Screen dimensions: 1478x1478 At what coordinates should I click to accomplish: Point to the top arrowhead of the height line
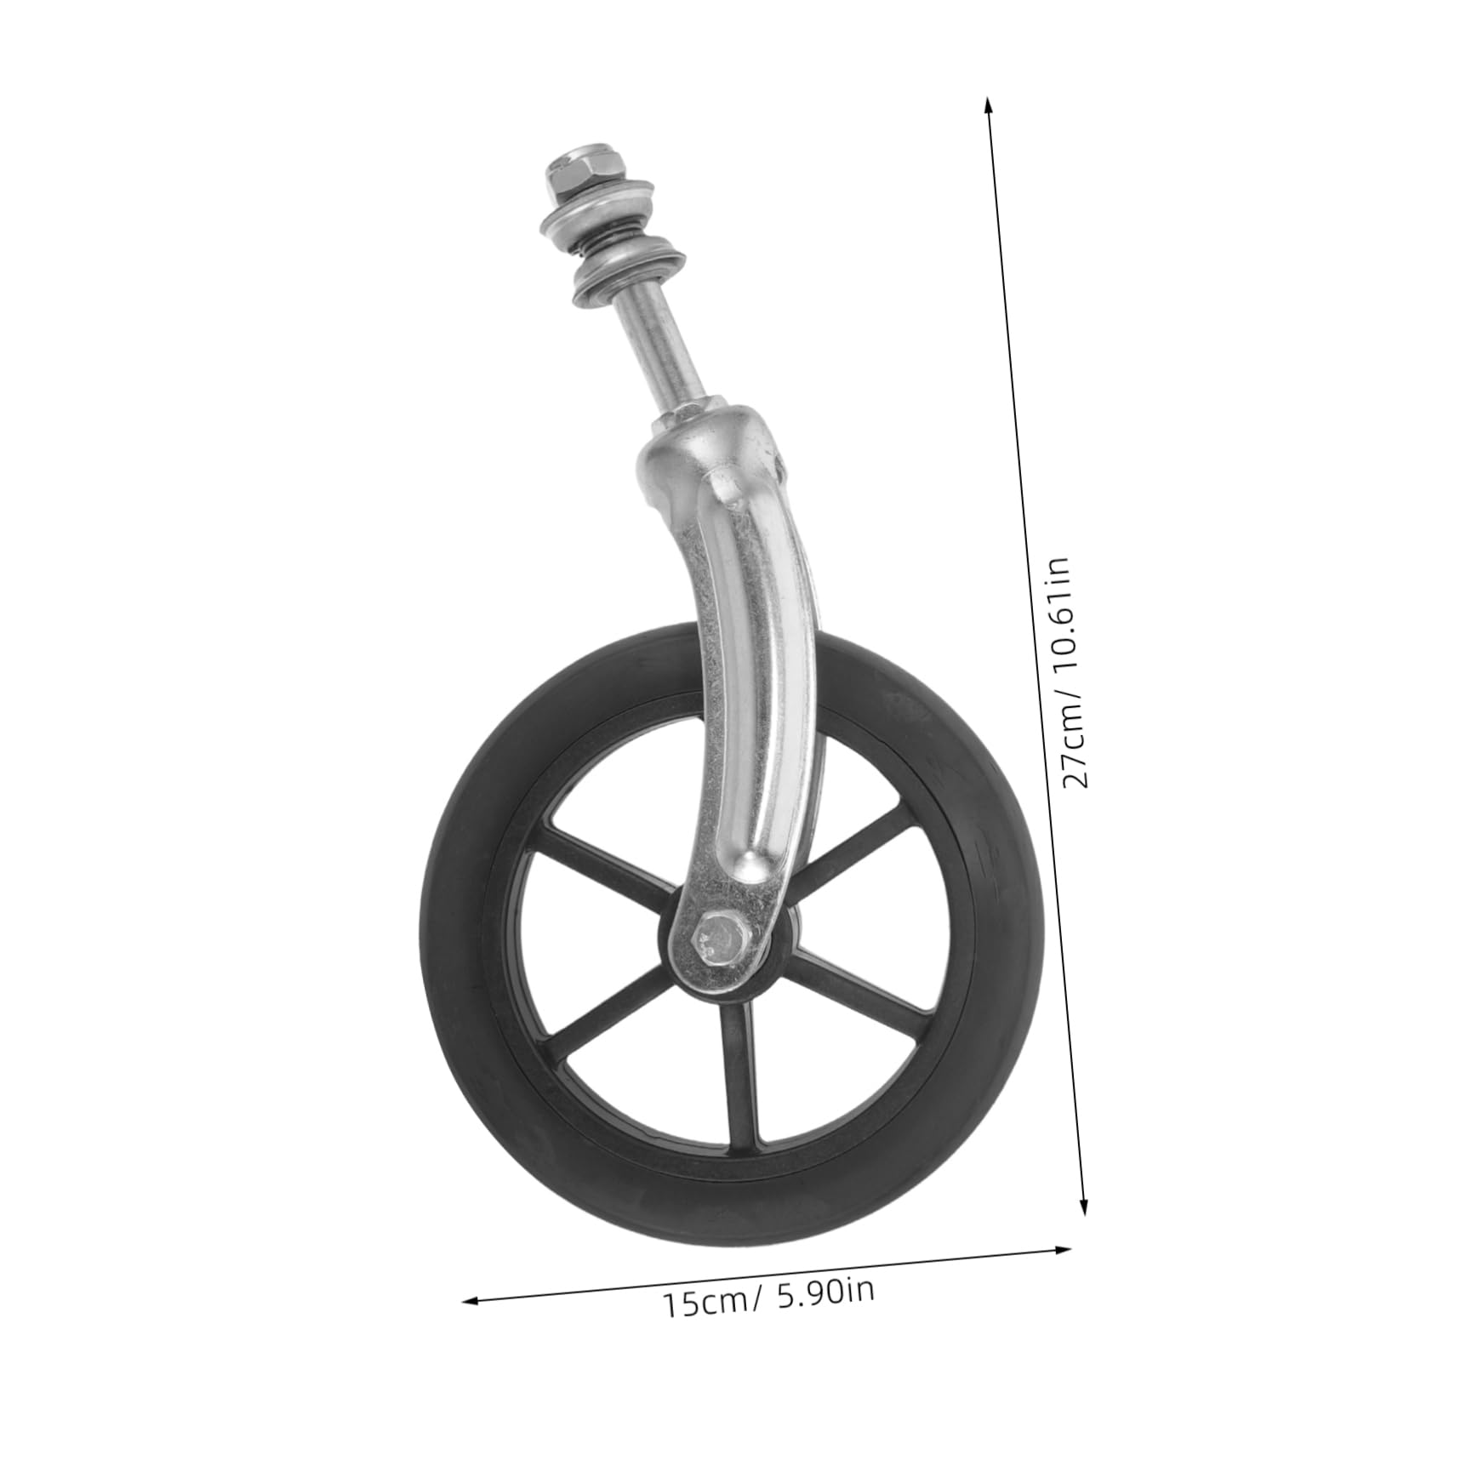pos(988,104)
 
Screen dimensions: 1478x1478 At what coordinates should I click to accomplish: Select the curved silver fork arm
pos(749,681)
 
